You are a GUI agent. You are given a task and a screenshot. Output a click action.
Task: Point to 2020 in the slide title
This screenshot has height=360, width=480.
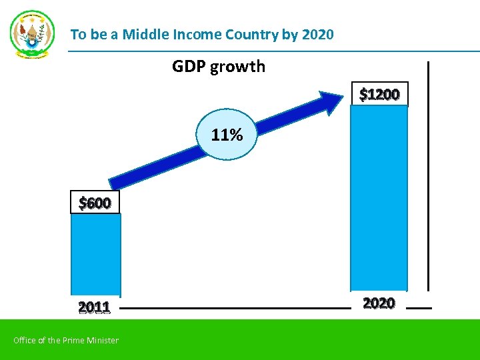pos(317,34)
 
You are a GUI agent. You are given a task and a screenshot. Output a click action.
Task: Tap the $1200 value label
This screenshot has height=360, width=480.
pos(379,95)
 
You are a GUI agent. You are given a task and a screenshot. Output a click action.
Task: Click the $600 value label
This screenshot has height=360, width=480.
pos(95,203)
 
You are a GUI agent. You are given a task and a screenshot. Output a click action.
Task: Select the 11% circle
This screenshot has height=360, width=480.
pos(227,135)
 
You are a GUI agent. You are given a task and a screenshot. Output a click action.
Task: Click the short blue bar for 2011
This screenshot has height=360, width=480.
pos(95,253)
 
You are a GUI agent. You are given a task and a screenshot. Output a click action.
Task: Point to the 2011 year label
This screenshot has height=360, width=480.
pos(94,307)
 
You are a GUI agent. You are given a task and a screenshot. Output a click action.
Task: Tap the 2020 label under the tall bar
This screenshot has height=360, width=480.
pos(379,303)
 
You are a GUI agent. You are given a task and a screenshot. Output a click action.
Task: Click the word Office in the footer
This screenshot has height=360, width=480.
pos(25,341)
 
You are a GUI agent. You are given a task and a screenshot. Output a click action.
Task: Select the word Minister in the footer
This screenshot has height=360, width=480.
pos(102,341)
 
